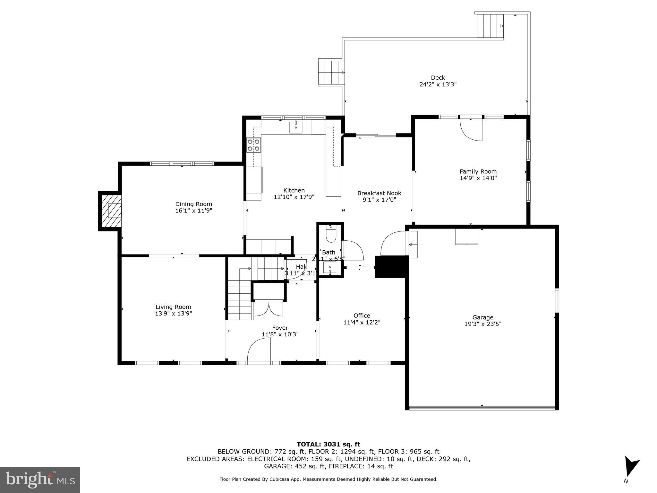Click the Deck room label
(438, 78)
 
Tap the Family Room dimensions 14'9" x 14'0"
(478, 178)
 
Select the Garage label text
(482, 317)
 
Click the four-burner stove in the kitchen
(253, 145)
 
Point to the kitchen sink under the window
(295, 127)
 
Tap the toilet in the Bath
(330, 235)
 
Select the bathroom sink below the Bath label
(330, 267)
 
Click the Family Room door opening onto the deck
(471, 129)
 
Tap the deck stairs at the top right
(490, 26)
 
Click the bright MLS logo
(40, 480)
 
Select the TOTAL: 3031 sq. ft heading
(328, 444)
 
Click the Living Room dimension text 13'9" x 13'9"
(173, 314)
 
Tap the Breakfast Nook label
(379, 193)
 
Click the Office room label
(362, 316)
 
